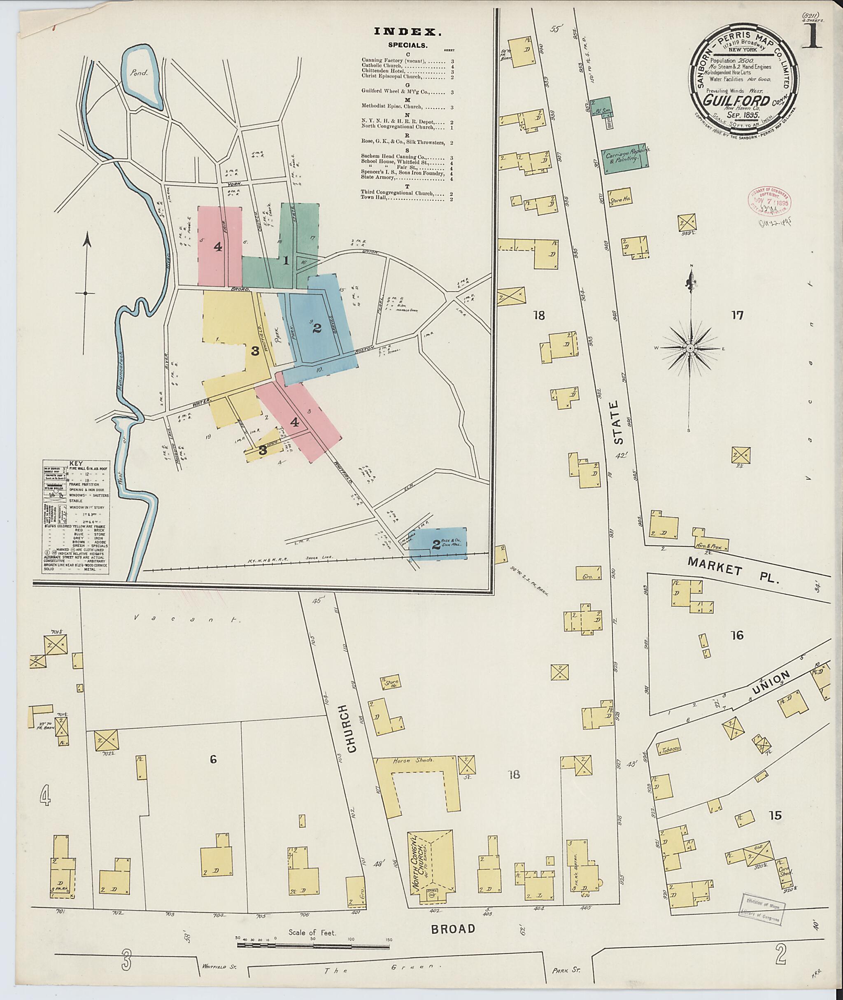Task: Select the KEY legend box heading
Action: click(x=75, y=464)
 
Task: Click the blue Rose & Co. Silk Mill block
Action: click(x=437, y=543)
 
